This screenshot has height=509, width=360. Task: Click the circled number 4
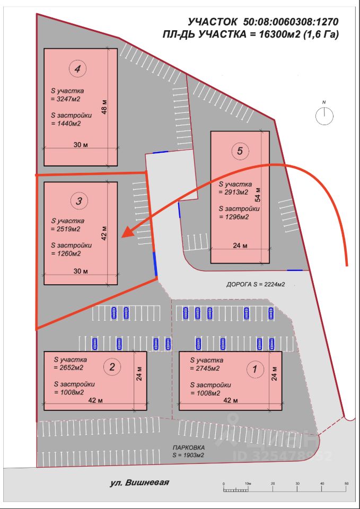77,68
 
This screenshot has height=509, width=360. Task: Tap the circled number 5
240,151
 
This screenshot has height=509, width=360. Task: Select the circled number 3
78,201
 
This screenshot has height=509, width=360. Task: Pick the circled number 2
112,366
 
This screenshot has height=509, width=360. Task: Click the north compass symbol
324,115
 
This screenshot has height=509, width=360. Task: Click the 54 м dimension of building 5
258,195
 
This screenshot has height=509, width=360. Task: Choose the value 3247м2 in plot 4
66,99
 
